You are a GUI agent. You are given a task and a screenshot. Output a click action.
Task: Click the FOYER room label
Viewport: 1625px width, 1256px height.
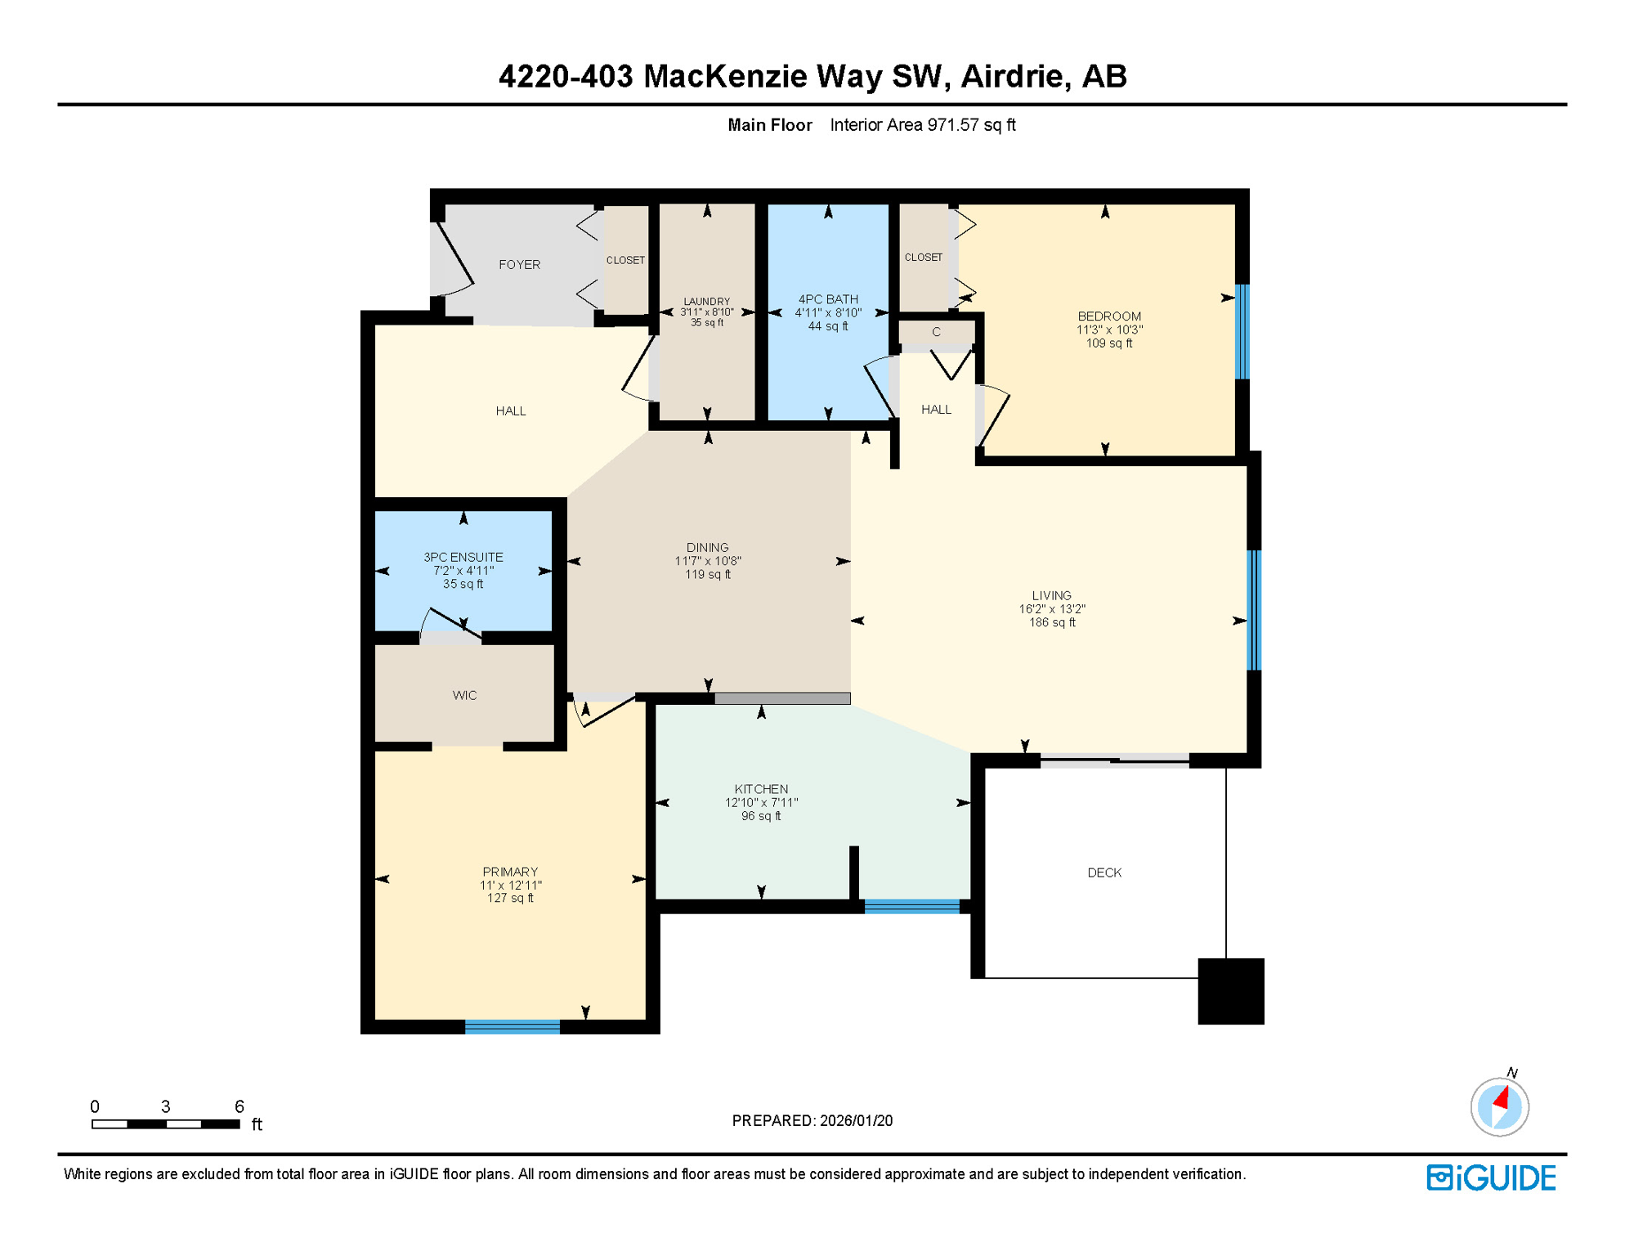tap(519, 265)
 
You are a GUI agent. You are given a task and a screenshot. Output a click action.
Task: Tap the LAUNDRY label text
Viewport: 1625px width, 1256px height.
tap(707, 302)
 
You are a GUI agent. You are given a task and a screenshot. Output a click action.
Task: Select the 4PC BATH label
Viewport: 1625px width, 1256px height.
tap(828, 299)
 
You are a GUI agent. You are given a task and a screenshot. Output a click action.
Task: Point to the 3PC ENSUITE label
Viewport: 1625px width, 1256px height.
tap(463, 558)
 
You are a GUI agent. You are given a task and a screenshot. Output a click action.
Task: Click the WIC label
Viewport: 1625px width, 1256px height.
tap(464, 696)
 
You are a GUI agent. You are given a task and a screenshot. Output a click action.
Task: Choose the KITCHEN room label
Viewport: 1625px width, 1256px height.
tap(761, 789)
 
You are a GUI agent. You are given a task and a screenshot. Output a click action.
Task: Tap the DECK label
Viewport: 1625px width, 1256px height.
tap(1104, 873)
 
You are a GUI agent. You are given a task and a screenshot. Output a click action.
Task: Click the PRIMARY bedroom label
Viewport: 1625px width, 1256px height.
tap(510, 872)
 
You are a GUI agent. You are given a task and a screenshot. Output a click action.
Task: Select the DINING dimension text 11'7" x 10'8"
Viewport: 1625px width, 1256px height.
tap(708, 562)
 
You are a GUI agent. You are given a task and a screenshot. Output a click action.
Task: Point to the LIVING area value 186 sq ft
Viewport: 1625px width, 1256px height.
tap(1052, 623)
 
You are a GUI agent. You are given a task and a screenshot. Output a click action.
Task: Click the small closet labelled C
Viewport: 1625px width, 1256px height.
tap(936, 333)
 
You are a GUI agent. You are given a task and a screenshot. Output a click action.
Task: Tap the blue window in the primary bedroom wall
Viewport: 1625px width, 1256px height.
tap(513, 1027)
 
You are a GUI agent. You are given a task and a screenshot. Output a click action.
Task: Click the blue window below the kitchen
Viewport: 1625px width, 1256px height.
tap(912, 906)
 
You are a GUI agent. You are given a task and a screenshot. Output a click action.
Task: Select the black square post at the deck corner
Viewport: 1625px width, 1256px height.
tap(1230, 991)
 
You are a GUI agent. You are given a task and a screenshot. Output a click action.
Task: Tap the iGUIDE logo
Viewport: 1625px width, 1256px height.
tap(1491, 1178)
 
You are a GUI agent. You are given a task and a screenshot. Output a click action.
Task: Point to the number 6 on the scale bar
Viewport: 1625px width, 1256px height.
tap(239, 1107)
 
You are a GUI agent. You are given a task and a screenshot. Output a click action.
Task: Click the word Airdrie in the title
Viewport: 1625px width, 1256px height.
tap(1012, 76)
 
